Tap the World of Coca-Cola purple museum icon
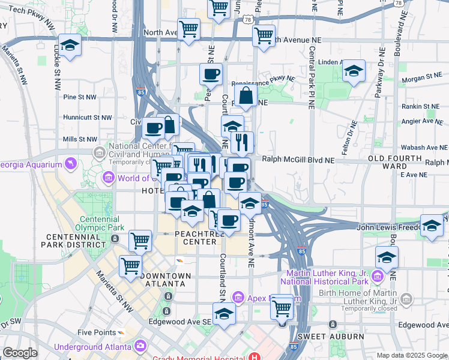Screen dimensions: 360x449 [109, 177]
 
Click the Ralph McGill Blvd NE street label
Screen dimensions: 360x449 [298, 160]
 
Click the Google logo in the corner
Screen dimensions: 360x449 [20, 353]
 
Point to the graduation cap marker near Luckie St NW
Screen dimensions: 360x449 [70, 46]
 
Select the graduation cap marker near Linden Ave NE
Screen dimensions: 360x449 [354, 71]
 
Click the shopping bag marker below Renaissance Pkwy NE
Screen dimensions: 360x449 [246, 95]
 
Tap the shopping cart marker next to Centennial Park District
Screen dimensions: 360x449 [140, 241]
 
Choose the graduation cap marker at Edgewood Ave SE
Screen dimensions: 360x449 [224, 313]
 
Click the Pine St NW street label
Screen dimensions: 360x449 [80, 97]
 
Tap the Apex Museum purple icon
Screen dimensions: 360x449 [238, 298]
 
